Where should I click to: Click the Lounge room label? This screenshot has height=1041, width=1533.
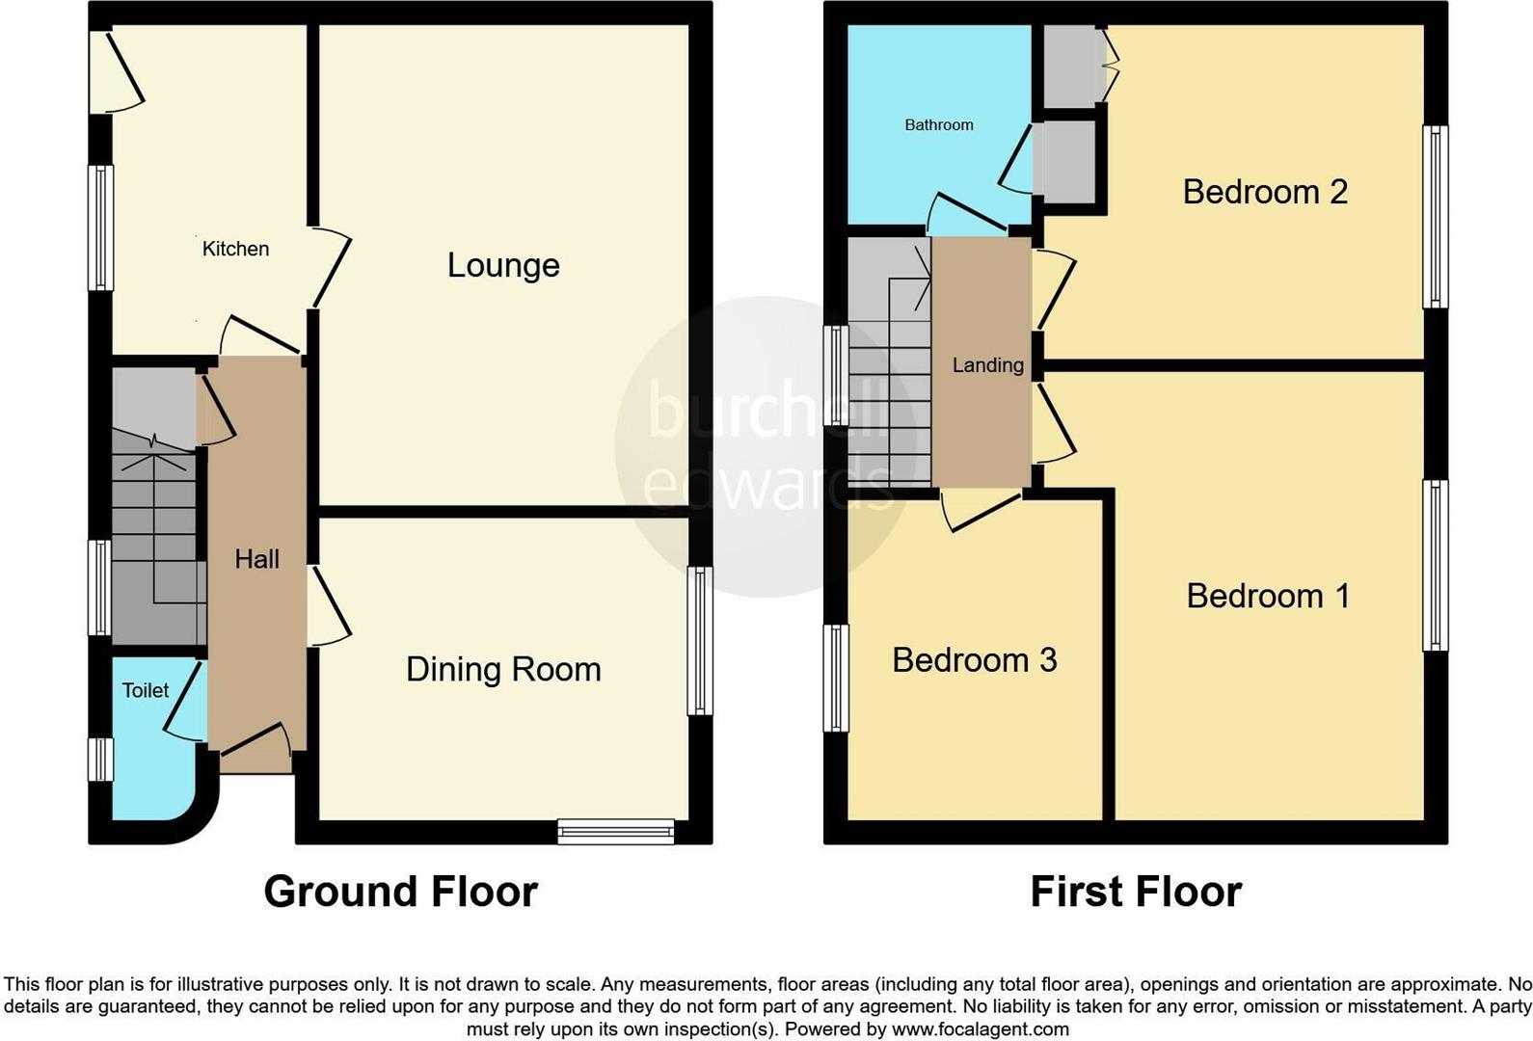[503, 265]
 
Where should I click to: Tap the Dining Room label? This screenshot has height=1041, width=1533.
[503, 669]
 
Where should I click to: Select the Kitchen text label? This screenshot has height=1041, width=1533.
[235, 249]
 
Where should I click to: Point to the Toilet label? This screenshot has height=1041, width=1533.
[146, 690]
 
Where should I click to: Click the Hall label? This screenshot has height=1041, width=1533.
[257, 559]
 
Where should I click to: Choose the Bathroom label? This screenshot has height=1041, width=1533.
[938, 124]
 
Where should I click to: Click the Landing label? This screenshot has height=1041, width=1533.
[987, 365]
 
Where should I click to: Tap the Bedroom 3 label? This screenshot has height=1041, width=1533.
[974, 660]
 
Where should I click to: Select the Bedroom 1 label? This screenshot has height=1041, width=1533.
[1268, 596]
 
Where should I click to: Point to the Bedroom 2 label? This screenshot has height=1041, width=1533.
[1265, 192]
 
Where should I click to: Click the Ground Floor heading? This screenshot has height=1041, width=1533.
[400, 892]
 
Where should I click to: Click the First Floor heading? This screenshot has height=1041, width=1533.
[1136, 892]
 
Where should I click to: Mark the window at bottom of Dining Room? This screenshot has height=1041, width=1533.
[615, 831]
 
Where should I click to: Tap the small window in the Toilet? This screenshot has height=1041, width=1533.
[100, 759]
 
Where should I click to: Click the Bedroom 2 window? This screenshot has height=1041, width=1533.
[1435, 217]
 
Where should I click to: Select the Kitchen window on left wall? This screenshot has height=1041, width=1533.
[100, 227]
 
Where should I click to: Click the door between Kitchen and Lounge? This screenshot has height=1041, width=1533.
[329, 267]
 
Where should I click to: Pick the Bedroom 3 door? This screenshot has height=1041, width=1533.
[982, 511]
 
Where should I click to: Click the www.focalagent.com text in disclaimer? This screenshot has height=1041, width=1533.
[980, 1028]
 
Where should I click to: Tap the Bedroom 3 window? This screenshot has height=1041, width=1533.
[835, 678]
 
